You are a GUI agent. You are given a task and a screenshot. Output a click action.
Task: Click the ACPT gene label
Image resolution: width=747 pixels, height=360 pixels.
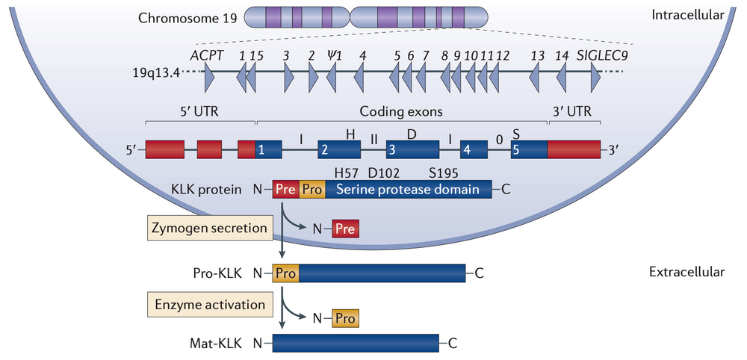207,55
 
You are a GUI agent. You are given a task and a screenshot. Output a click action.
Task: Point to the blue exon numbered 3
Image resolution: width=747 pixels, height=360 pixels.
404,149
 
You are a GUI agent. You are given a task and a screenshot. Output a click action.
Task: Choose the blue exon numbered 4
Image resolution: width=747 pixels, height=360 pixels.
474,149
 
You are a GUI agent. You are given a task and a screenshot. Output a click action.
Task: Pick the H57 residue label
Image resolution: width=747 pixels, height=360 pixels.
348,173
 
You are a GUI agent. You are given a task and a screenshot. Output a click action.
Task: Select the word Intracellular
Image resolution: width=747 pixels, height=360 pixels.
688,14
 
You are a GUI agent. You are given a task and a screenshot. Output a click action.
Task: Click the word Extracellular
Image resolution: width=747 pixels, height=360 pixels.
687,272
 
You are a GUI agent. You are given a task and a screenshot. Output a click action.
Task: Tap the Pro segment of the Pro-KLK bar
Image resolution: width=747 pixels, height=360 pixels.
286,273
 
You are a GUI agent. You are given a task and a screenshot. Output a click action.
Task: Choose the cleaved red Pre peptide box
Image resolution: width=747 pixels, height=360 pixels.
344,229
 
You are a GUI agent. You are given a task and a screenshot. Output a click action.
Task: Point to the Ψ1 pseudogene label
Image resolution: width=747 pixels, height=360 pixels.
334,55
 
